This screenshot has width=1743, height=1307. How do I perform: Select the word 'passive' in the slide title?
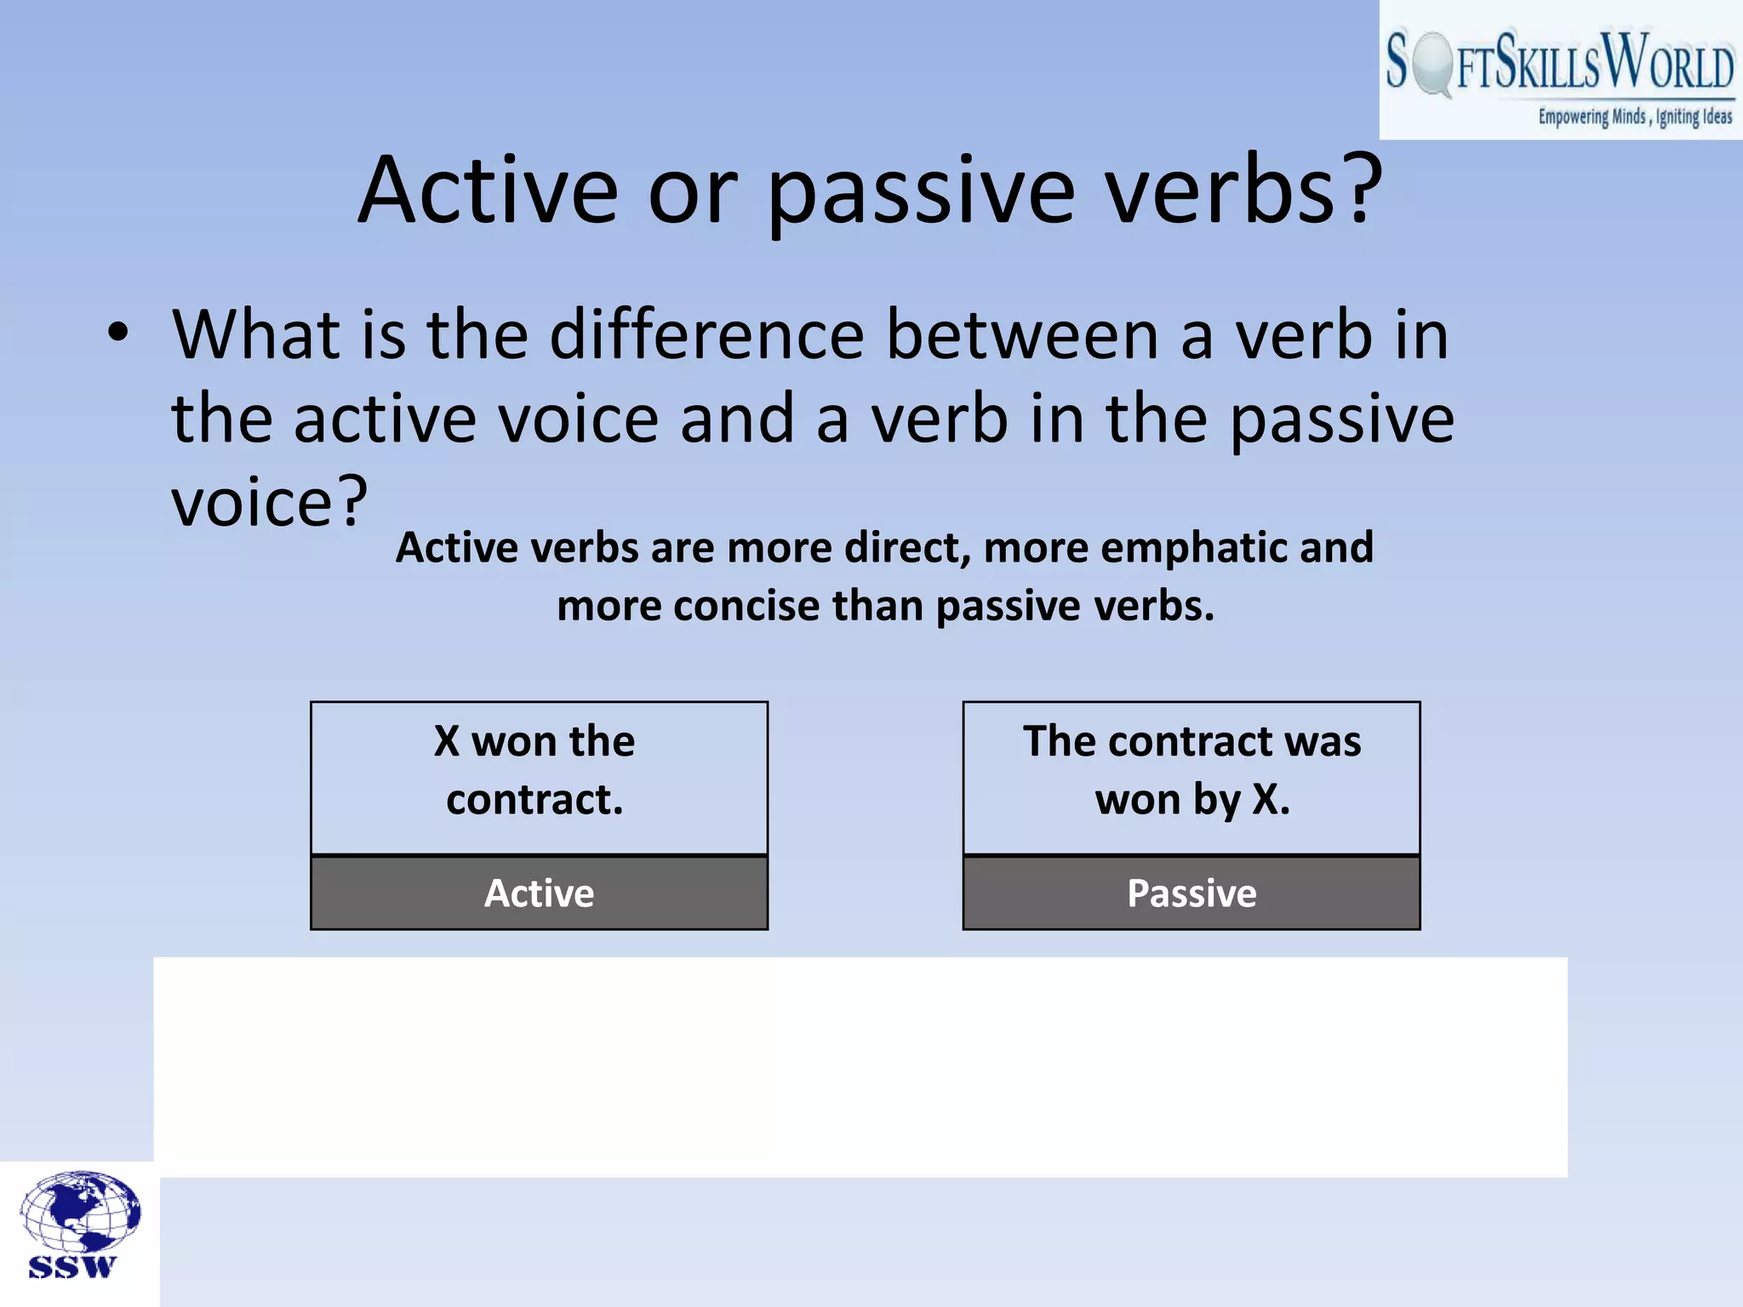tap(922, 191)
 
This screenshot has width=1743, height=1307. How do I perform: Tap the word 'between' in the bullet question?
tap(1021, 334)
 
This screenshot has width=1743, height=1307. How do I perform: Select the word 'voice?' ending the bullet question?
tap(270, 502)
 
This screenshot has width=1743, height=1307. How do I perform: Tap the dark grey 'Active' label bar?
tap(539, 893)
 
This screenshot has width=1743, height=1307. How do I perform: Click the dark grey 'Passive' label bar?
tap(1191, 893)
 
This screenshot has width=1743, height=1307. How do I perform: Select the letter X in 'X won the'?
tap(447, 741)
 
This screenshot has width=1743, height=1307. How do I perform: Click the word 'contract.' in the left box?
tap(534, 800)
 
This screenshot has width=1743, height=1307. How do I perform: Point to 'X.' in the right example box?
tap(1272, 800)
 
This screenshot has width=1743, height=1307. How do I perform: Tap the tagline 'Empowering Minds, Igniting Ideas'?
tap(1634, 117)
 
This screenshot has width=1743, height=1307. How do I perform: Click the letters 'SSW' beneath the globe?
tap(71, 1267)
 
